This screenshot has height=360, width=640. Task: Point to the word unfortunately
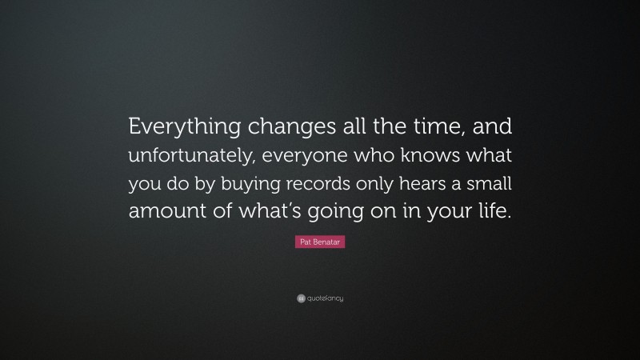tap(194, 155)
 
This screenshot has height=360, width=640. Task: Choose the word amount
tap(166, 214)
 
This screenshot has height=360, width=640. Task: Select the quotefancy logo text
tap(325, 299)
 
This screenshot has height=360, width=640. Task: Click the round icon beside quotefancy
tap(301, 299)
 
